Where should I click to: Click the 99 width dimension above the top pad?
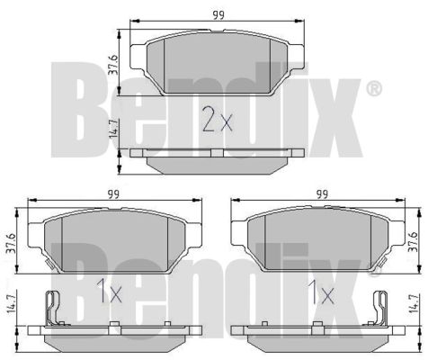218,14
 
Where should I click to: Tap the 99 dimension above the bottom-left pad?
113,193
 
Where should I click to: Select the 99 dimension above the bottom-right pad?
322,193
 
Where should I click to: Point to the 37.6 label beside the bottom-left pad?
10,243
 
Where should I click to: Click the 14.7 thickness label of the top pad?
114,129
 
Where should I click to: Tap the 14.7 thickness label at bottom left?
10,304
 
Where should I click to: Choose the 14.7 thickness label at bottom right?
414,304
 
